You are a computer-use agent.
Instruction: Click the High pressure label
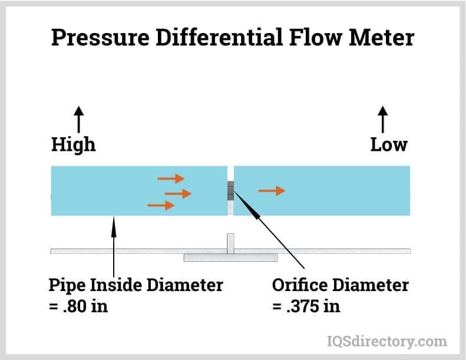[x=73, y=144]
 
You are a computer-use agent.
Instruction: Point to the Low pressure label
[x=388, y=144]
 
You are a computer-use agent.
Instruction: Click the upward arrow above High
[x=79, y=120]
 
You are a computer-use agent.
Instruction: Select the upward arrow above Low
[x=384, y=120]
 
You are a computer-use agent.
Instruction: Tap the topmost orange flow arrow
[x=171, y=178]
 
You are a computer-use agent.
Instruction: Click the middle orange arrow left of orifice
[x=178, y=193]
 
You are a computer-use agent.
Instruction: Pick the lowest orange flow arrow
[x=161, y=205]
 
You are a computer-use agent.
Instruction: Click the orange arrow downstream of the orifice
[x=272, y=190]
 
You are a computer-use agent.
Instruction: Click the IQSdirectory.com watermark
[x=386, y=341]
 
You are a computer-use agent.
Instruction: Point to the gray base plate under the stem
[x=230, y=257]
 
